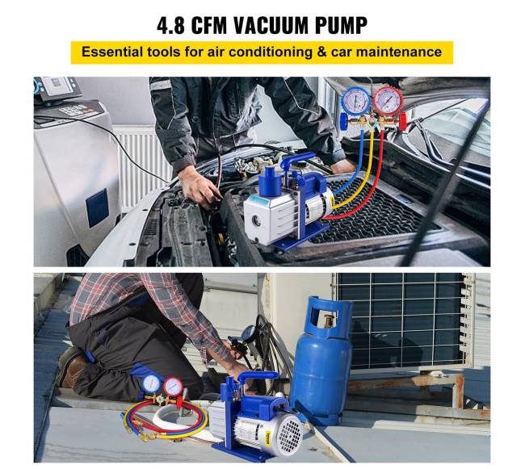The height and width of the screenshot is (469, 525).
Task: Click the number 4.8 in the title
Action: tap(175, 24)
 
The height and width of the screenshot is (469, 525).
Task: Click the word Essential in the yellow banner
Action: tap(111, 52)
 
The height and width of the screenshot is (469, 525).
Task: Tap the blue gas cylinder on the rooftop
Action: tap(321, 363)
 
